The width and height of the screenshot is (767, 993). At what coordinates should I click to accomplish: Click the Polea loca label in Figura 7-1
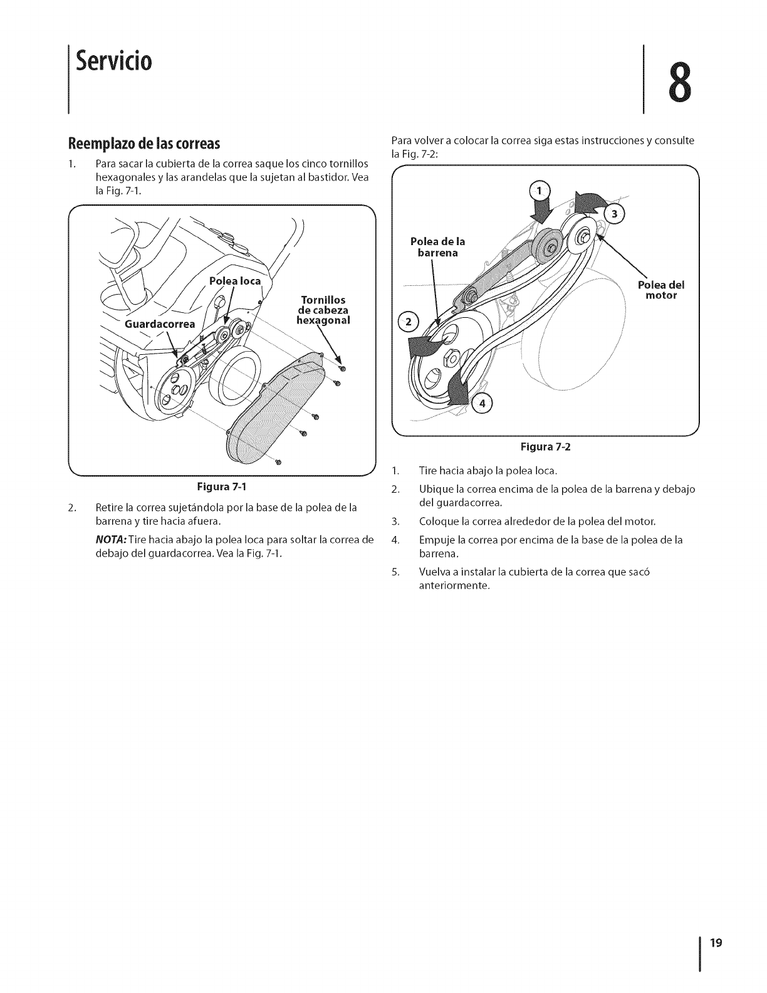point(234,281)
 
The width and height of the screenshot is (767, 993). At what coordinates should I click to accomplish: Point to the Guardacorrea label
point(160,324)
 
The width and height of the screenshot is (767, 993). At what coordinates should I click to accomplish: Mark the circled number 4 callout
point(483,403)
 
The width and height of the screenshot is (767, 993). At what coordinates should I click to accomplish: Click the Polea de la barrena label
point(437,247)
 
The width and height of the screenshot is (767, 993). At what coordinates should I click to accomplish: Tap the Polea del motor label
point(661,290)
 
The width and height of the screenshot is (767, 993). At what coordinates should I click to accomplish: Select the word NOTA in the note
point(108,540)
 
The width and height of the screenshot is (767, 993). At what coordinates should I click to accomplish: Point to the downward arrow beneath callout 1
point(538,211)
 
